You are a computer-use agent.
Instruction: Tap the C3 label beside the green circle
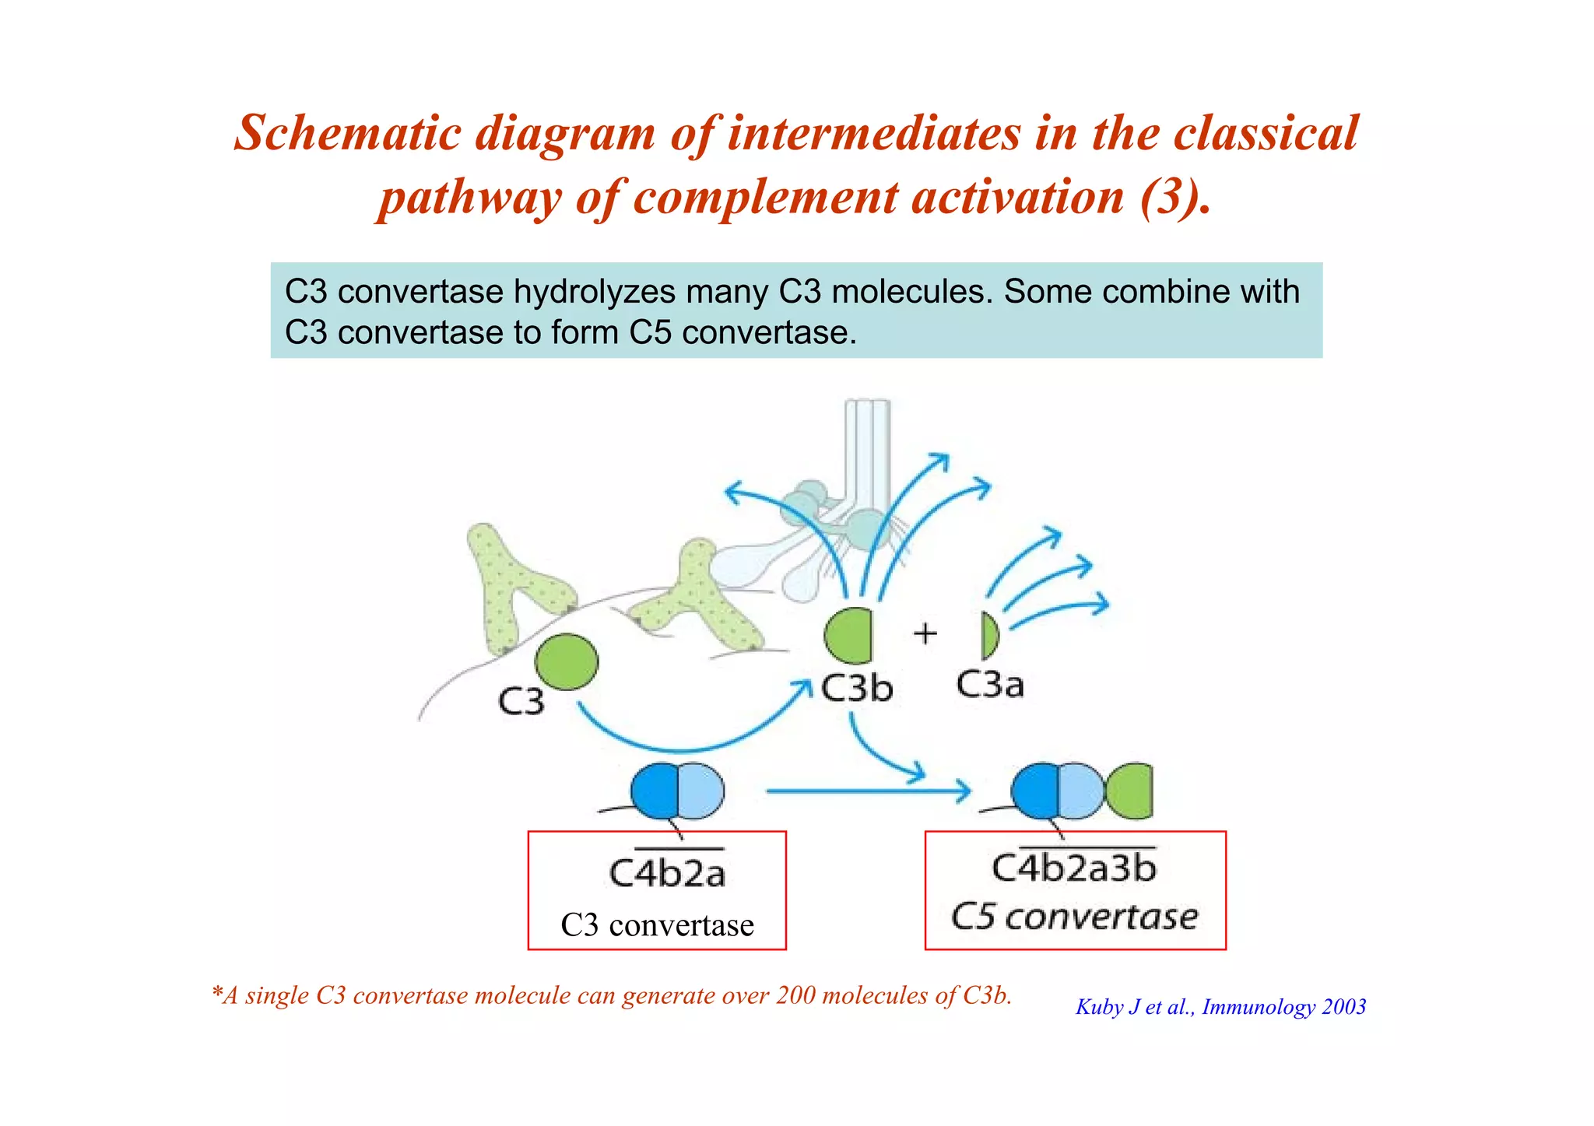click(x=521, y=702)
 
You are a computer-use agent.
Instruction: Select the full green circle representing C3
click(x=567, y=661)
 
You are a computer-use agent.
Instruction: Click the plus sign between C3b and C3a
click(x=925, y=633)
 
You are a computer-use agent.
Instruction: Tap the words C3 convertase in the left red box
click(x=657, y=925)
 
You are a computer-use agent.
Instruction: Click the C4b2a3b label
click(x=1074, y=868)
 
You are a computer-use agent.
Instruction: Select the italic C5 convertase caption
click(x=1074, y=917)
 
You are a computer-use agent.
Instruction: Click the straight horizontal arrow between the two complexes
click(x=868, y=791)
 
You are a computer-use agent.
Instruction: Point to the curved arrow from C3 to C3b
click(x=685, y=747)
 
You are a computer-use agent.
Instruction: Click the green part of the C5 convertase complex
click(x=1130, y=791)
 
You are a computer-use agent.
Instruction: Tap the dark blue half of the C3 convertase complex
click(x=655, y=791)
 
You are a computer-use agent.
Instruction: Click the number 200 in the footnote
click(x=795, y=995)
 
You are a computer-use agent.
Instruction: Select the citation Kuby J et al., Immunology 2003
click(x=1220, y=1007)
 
